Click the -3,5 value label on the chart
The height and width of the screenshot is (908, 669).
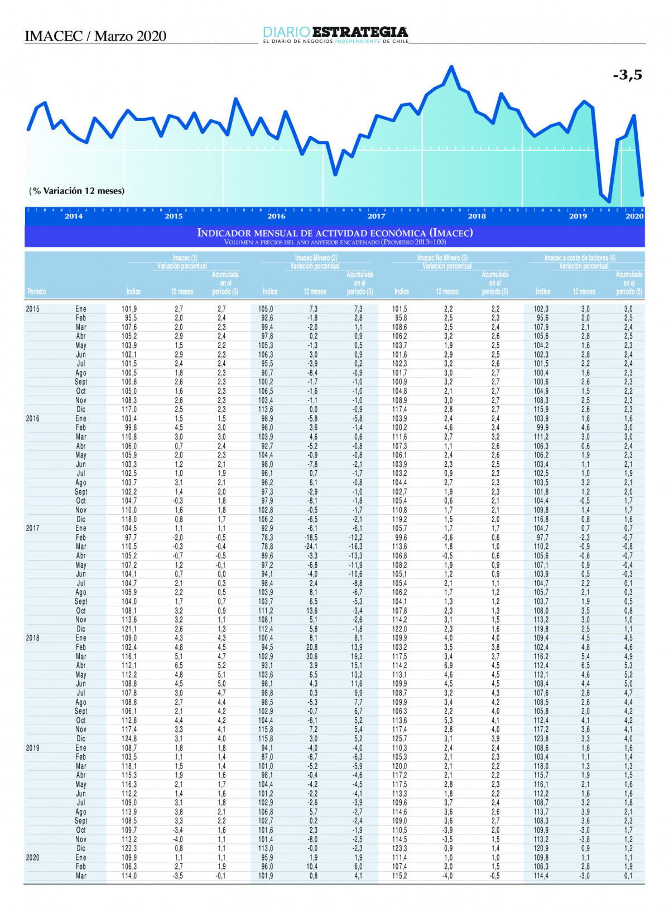point(627,75)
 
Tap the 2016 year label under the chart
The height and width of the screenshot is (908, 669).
point(276,216)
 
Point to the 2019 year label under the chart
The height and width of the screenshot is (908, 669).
point(577,216)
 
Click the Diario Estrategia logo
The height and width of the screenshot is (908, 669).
point(335,34)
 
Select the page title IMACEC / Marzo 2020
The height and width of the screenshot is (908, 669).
point(95,36)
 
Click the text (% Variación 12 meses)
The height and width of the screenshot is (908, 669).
point(77,191)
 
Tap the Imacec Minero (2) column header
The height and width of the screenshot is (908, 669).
point(316,258)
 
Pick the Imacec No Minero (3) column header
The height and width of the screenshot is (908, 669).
point(442,258)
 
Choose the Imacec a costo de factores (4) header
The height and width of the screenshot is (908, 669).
point(580,258)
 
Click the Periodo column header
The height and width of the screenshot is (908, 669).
point(37,291)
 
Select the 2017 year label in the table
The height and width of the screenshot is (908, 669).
point(33,528)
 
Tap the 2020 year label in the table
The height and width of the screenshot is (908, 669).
point(33,858)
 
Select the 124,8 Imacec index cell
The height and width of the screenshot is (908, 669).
point(129,738)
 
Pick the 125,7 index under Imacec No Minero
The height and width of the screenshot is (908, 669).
point(400,738)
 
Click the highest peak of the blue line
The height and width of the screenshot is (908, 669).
point(451,67)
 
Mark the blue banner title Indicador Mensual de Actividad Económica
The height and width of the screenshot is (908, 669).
point(335,233)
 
